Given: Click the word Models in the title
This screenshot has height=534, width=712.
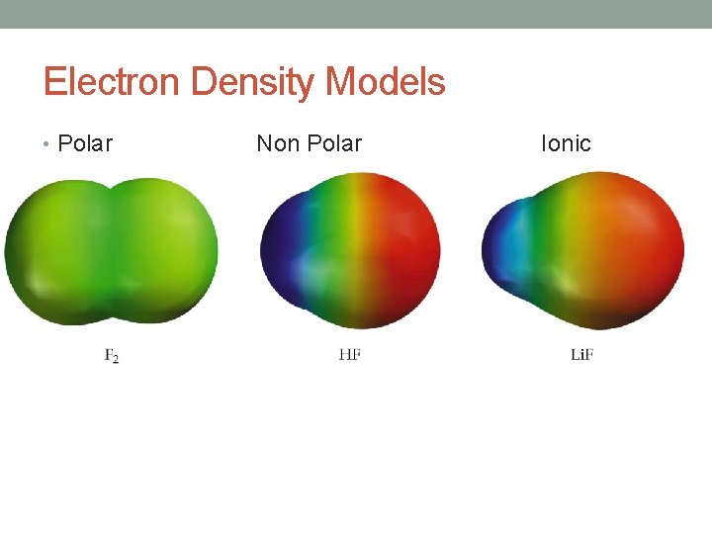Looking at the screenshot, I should point(386,82).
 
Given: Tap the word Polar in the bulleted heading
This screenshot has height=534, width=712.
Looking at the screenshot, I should point(85,144).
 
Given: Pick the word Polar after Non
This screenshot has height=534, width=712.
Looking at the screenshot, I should point(334,144).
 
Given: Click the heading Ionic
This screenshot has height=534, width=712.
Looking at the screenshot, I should point(566,144).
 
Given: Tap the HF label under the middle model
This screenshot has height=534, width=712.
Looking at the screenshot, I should point(349,354).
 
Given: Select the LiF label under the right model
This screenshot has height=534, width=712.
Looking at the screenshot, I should point(581,354).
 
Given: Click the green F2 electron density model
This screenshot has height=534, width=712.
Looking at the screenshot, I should point(111,251).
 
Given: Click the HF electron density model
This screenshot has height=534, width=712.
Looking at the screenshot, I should point(350,251).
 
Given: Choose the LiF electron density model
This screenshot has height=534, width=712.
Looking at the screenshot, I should point(583,251).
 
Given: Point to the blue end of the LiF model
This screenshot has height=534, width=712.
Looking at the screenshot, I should point(504,247).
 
